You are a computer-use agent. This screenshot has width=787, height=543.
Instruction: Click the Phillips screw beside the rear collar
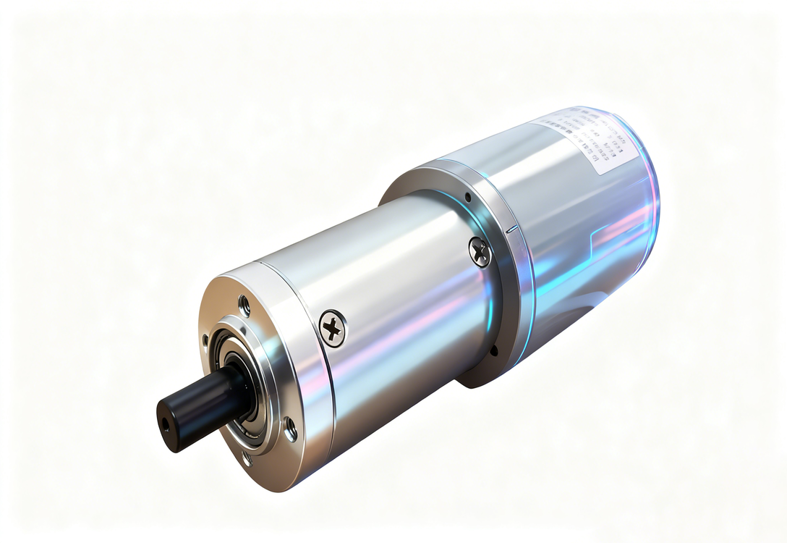480,251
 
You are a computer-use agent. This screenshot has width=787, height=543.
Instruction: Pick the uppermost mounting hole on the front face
244,305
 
